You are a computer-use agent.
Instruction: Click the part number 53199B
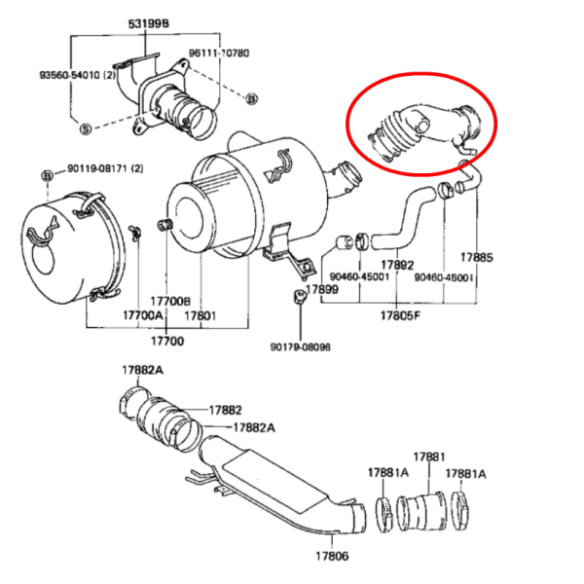pos(148,23)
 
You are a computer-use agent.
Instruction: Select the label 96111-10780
pos(219,53)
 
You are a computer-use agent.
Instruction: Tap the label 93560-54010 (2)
pos(78,75)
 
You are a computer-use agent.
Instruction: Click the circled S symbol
pos(86,128)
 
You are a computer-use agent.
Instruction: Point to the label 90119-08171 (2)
pos(105,168)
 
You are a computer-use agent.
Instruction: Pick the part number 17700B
pos(170,301)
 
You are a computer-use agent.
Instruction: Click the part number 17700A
pos(143,315)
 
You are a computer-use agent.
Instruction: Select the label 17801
pos(200,315)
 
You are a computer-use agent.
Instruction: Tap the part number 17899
pos(322,289)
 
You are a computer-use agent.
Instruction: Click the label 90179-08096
pos(300,347)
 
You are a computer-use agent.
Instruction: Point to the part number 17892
pos(397,265)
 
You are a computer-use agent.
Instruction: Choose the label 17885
pos(476,257)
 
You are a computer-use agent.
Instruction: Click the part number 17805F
pos(400,315)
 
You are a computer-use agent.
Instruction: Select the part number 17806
pos(332,556)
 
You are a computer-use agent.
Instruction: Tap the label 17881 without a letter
pos(429,456)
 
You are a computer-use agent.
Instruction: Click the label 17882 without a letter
pos(226,410)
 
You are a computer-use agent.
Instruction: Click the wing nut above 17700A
pos(135,232)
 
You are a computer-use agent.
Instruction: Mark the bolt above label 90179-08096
pos(299,297)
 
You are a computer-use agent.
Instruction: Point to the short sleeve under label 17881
pos(421,511)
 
